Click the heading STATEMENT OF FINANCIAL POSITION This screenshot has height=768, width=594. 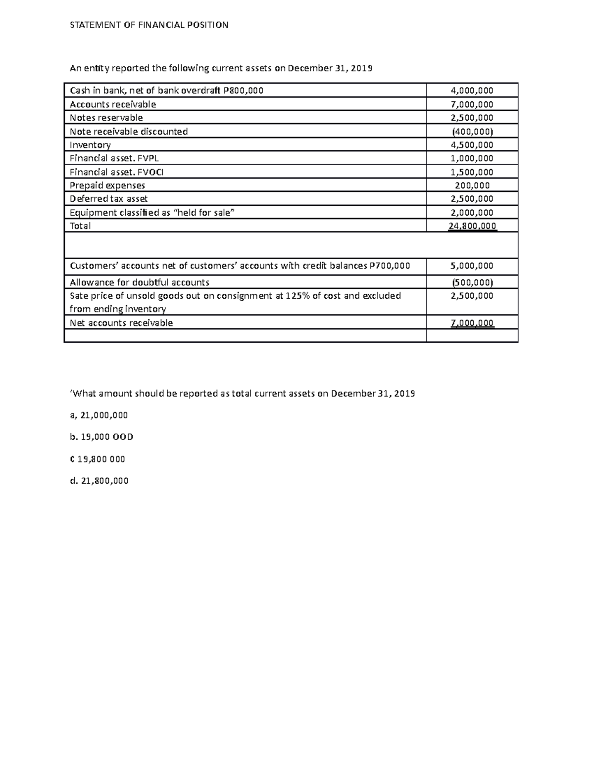(149, 25)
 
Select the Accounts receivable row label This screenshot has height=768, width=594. (113, 104)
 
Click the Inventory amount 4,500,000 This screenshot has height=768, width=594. (472, 145)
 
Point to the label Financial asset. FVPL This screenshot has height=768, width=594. (114, 158)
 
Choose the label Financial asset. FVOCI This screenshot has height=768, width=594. (116, 172)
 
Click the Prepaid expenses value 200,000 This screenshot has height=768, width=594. (472, 185)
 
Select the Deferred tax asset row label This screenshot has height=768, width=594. (109, 199)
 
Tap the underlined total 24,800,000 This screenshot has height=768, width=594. (472, 226)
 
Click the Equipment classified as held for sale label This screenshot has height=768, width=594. (152, 213)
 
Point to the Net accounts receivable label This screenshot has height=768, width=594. (121, 323)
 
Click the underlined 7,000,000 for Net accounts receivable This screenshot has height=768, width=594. (472, 323)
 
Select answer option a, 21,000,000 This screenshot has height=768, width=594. (99, 415)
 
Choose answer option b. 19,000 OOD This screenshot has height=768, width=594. (101, 437)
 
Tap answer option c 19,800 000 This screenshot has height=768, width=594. (98, 459)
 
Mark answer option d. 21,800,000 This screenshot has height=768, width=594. (99, 481)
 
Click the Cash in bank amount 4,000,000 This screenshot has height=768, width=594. (472, 90)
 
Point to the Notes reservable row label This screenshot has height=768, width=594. (106, 118)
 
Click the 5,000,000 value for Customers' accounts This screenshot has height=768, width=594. (472, 266)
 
